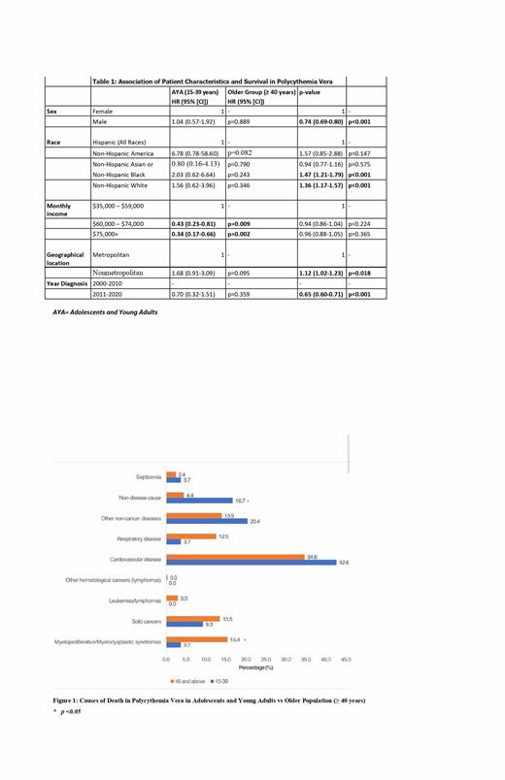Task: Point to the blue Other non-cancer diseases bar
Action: click(206, 521)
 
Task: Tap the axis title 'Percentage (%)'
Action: click(256, 667)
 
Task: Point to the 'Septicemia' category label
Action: click(150, 476)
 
